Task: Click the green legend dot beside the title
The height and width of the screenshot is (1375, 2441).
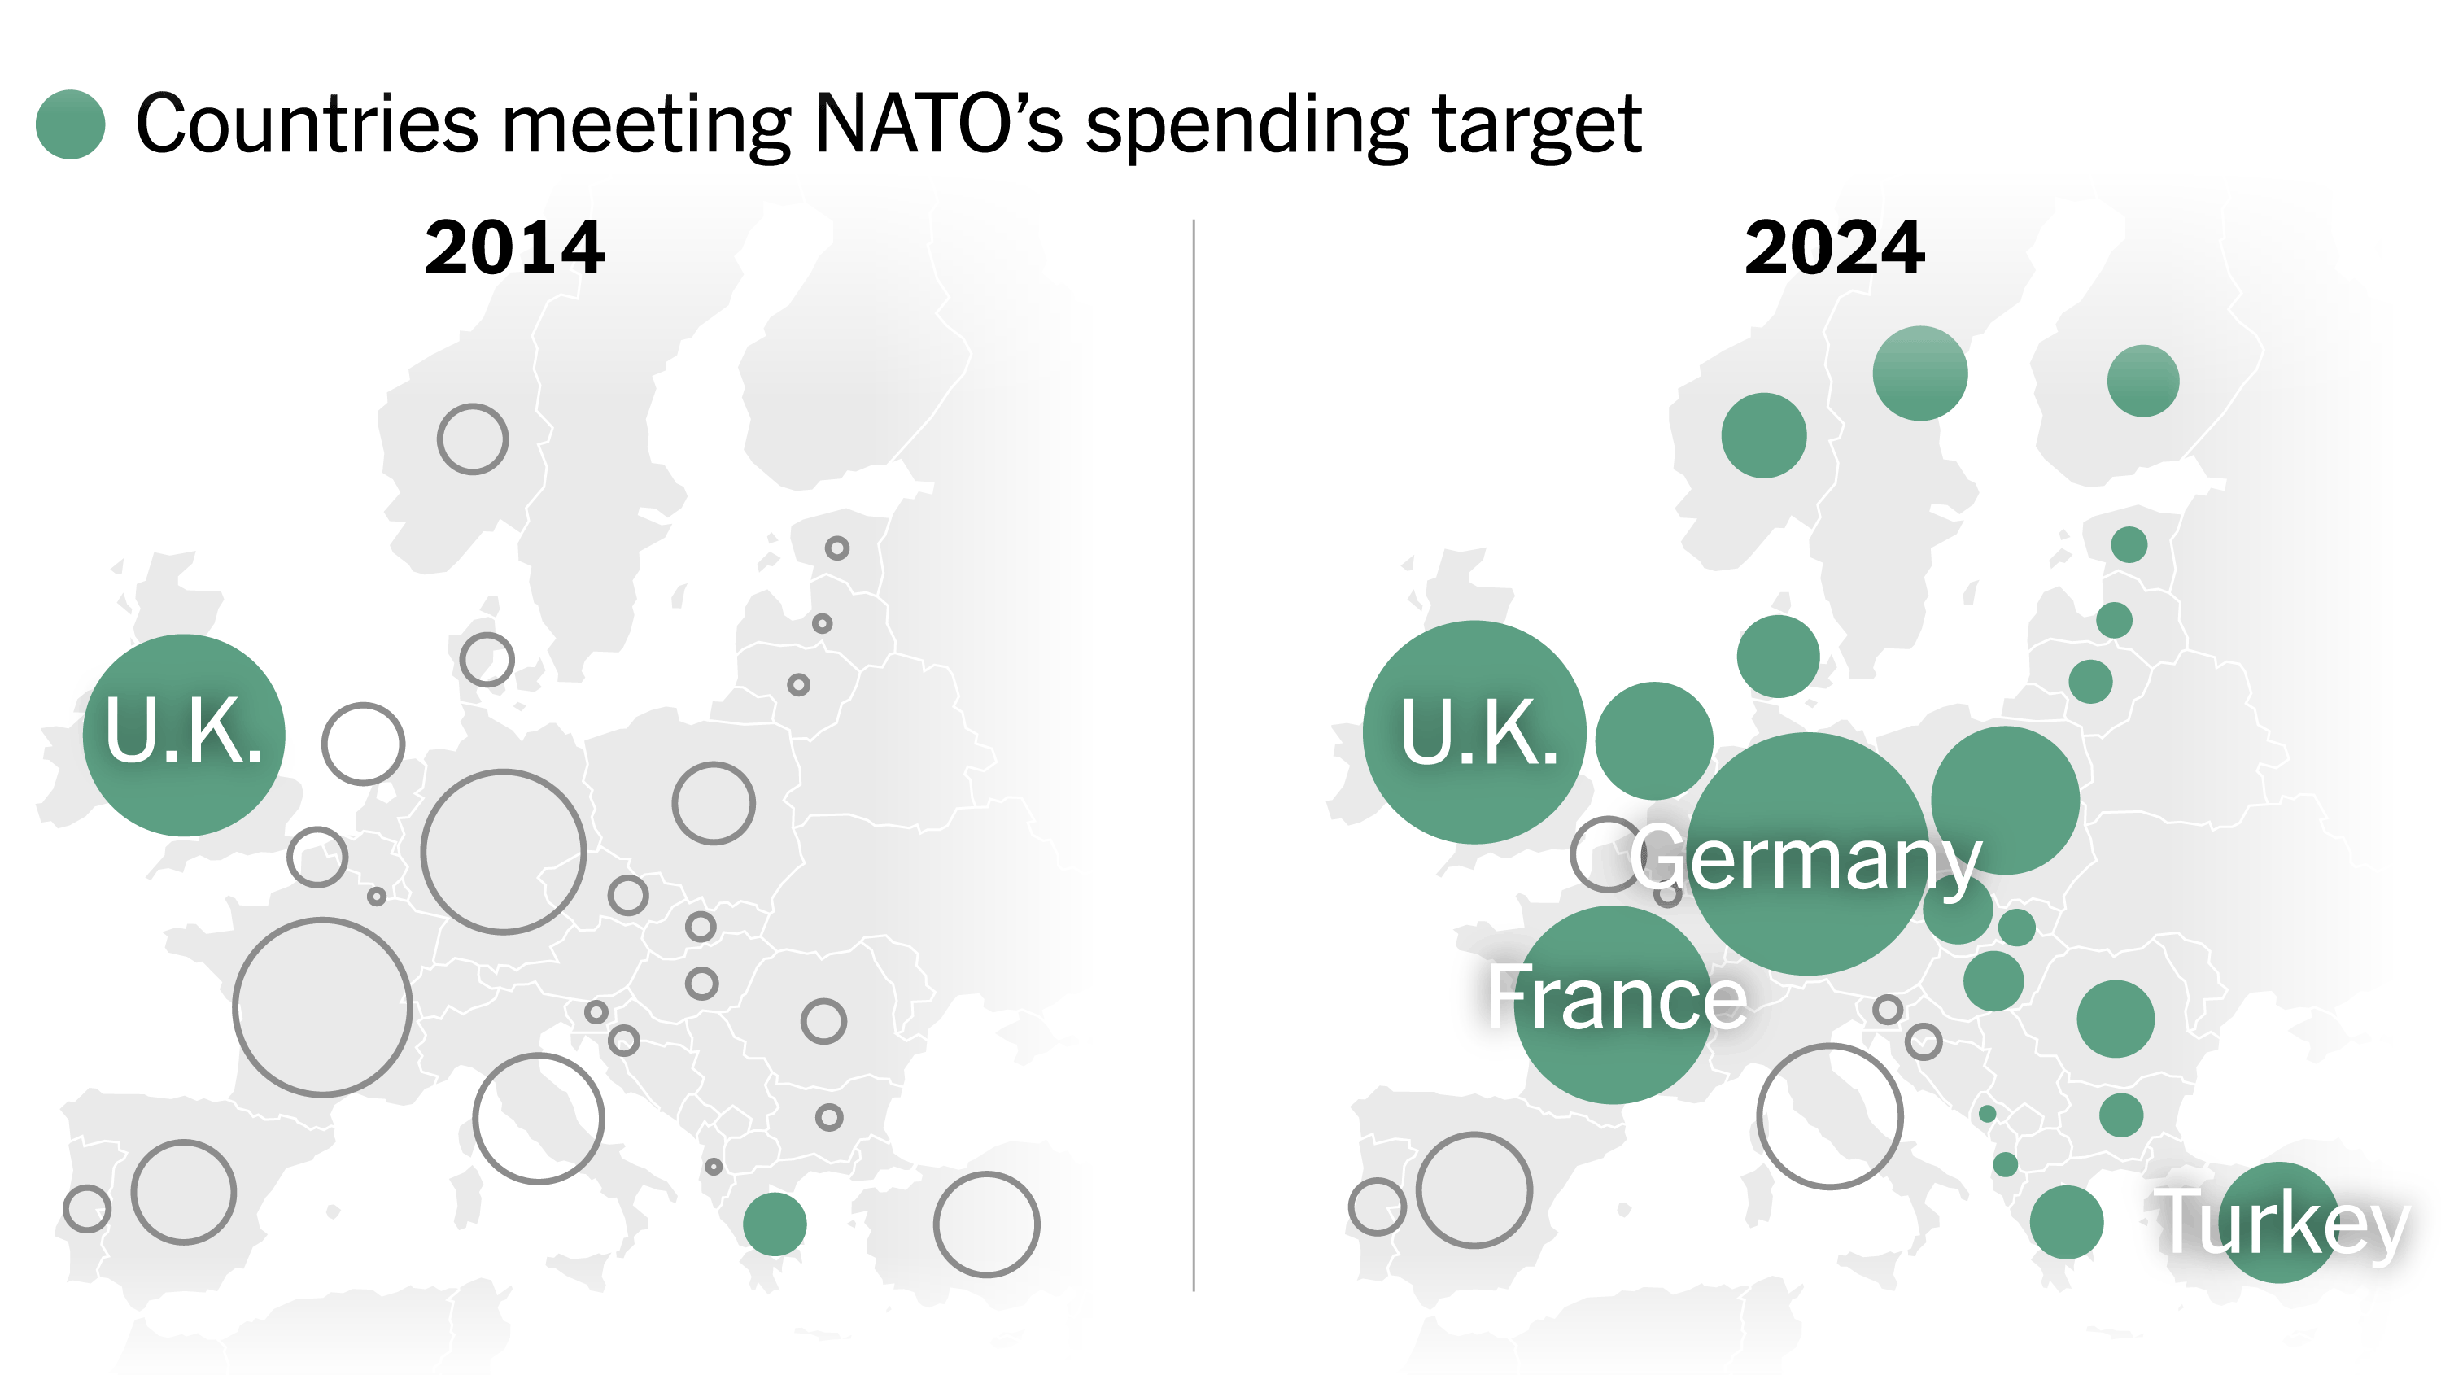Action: pyautogui.click(x=70, y=124)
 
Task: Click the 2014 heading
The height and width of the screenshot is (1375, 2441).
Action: pyautogui.click(x=514, y=248)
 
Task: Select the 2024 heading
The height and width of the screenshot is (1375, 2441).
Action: pyautogui.click(x=1835, y=248)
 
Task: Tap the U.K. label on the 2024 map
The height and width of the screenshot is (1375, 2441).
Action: pyautogui.click(x=1479, y=732)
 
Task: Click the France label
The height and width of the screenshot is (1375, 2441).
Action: pyautogui.click(x=1617, y=997)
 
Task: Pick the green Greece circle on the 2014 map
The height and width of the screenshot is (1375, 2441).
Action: pyautogui.click(x=774, y=1224)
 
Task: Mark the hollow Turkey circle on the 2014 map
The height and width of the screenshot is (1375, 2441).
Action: pyautogui.click(x=986, y=1224)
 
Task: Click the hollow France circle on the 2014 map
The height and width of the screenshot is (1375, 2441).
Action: pyautogui.click(x=322, y=1007)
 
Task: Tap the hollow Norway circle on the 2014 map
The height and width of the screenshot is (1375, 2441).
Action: pyautogui.click(x=473, y=439)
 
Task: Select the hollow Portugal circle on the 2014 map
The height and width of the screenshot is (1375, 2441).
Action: pyautogui.click(x=87, y=1208)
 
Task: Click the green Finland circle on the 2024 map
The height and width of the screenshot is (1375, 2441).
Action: pyautogui.click(x=2142, y=381)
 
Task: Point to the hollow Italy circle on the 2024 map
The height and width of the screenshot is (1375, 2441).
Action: pyautogui.click(x=1830, y=1116)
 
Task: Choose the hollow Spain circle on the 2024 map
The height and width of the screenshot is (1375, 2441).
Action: pyautogui.click(x=1474, y=1189)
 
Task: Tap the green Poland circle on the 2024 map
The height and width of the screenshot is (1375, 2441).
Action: pyautogui.click(x=2005, y=801)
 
